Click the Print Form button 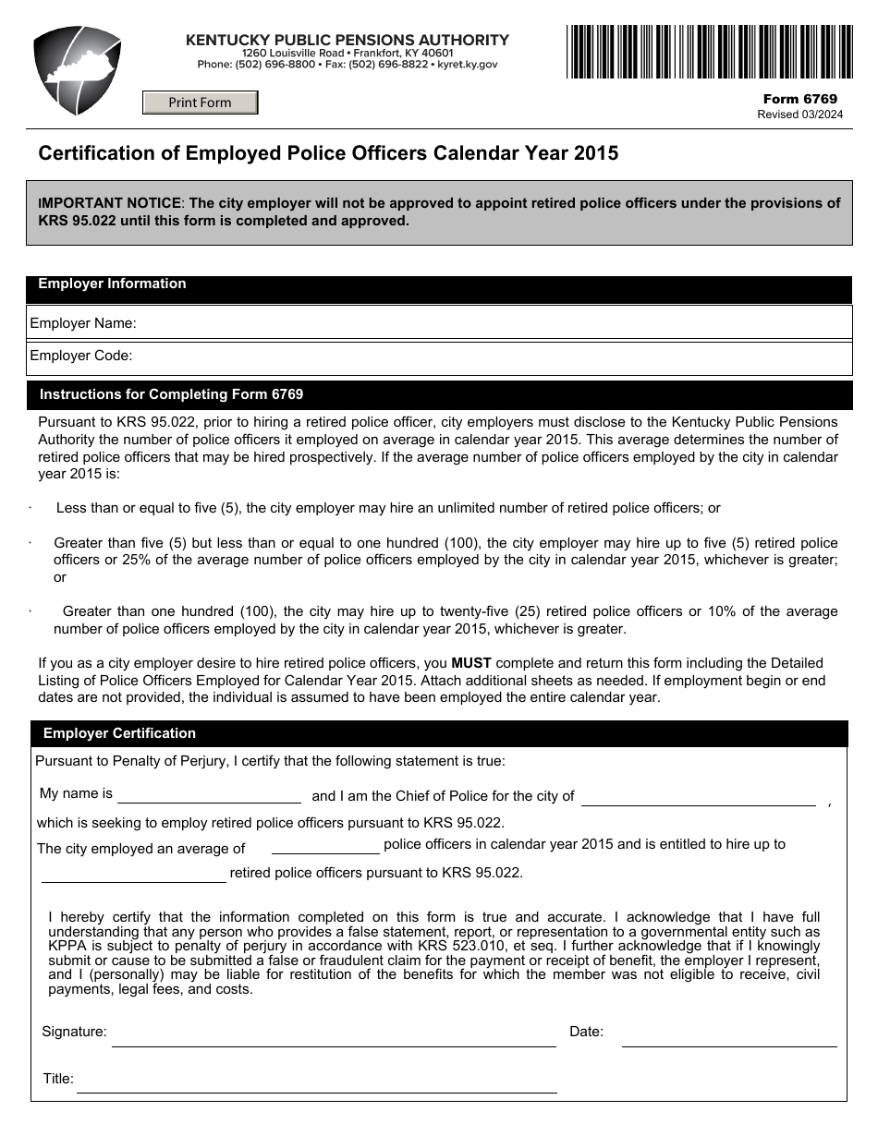(x=200, y=103)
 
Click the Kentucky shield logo (x=78, y=70)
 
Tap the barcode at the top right (x=709, y=52)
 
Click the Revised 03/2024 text (x=799, y=115)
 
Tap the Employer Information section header (x=112, y=284)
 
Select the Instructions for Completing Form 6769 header (x=171, y=394)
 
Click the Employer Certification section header (x=119, y=733)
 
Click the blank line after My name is (x=209, y=795)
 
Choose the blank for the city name (x=698, y=797)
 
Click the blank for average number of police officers (x=325, y=846)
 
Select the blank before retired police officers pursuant (x=133, y=874)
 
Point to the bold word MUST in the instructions (x=471, y=663)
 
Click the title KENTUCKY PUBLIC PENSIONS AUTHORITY (x=348, y=40)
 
